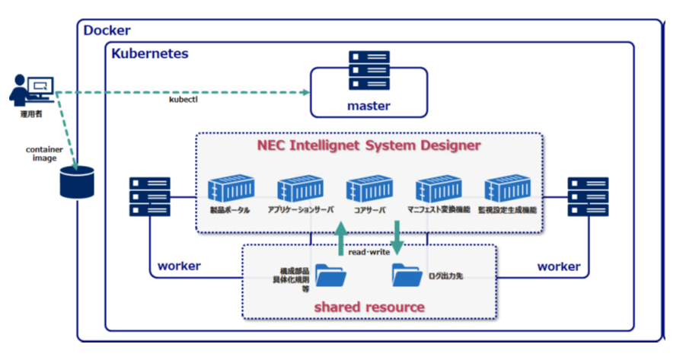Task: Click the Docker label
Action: [x=107, y=30]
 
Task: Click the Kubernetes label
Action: [x=150, y=54]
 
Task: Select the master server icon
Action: [x=369, y=72]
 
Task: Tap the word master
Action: [x=369, y=106]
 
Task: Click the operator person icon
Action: [x=30, y=91]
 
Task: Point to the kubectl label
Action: [x=184, y=100]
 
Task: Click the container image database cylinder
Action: [x=77, y=183]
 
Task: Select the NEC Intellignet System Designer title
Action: [x=369, y=145]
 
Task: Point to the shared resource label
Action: [x=369, y=307]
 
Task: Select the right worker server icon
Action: [x=588, y=197]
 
